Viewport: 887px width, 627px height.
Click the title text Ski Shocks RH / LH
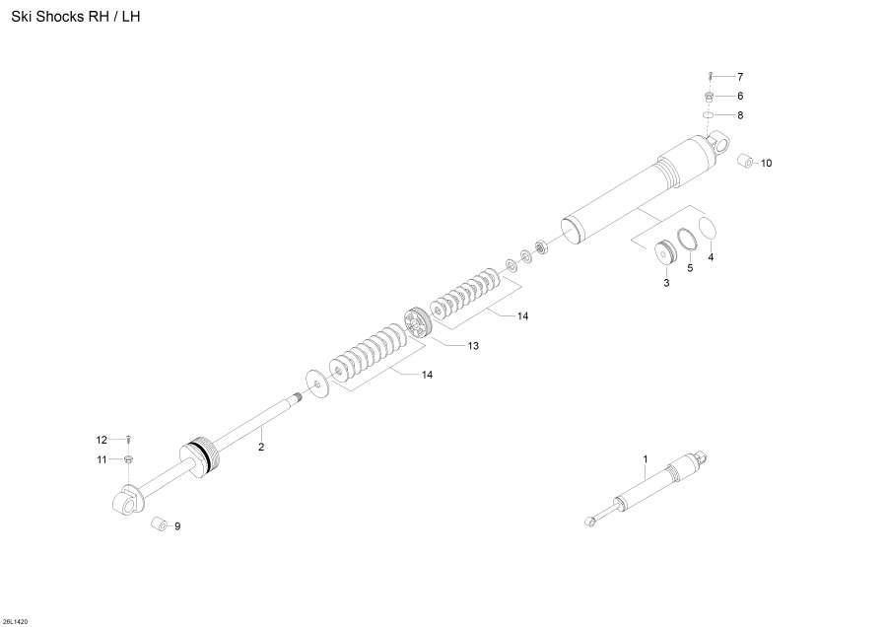pyautogui.click(x=76, y=17)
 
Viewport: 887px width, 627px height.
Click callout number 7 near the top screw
pyautogui.click(x=740, y=77)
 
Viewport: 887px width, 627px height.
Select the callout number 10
pyautogui.click(x=766, y=163)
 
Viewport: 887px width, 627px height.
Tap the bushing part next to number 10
pyautogui.click(x=746, y=161)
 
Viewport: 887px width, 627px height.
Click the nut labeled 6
pyautogui.click(x=710, y=97)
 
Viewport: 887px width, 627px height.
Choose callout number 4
pyautogui.click(x=711, y=257)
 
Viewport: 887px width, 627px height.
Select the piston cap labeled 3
pyautogui.click(x=664, y=252)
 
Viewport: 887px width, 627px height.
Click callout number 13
pyautogui.click(x=473, y=346)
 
